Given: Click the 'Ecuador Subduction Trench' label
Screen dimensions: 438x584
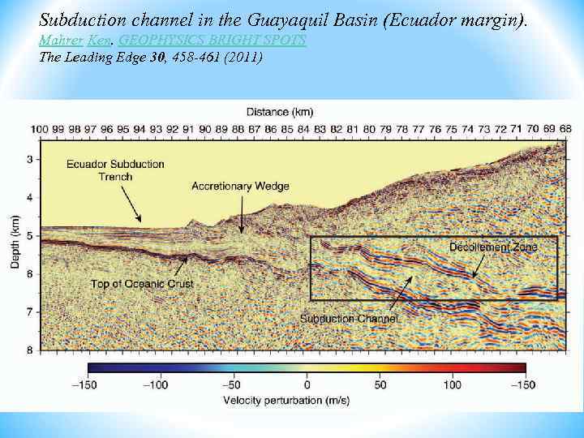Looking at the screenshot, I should pyautogui.click(x=115, y=170).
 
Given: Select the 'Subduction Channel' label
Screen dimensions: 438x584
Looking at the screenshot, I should pyautogui.click(x=349, y=319).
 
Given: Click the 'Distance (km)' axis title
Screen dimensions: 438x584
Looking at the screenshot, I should pyautogui.click(x=280, y=111).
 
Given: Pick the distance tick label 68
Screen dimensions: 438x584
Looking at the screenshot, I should pyautogui.click(x=565, y=129).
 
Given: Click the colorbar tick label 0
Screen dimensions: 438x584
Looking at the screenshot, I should pyautogui.click(x=307, y=384).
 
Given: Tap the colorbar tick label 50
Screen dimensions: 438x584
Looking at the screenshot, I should pyautogui.click(x=380, y=384).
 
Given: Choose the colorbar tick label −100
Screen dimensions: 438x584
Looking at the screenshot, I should pyautogui.click(x=158, y=384).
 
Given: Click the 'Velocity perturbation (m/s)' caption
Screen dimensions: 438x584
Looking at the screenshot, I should pyautogui.click(x=306, y=400).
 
